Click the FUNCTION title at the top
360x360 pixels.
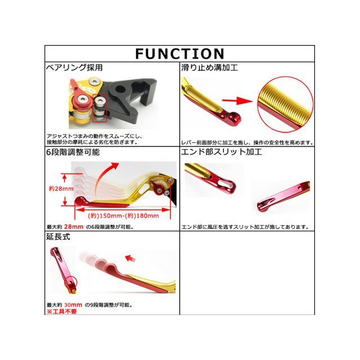[179, 53]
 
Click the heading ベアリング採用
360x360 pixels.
[74, 68]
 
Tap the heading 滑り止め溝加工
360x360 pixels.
[209, 68]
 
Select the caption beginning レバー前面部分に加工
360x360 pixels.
[247, 143]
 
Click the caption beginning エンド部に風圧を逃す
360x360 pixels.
[245, 227]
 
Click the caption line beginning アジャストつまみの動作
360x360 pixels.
[95, 137]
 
